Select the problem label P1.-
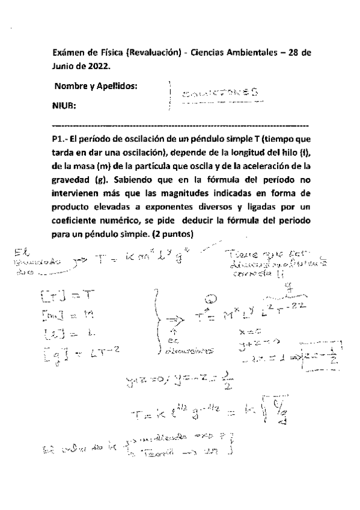coord(61,138)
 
